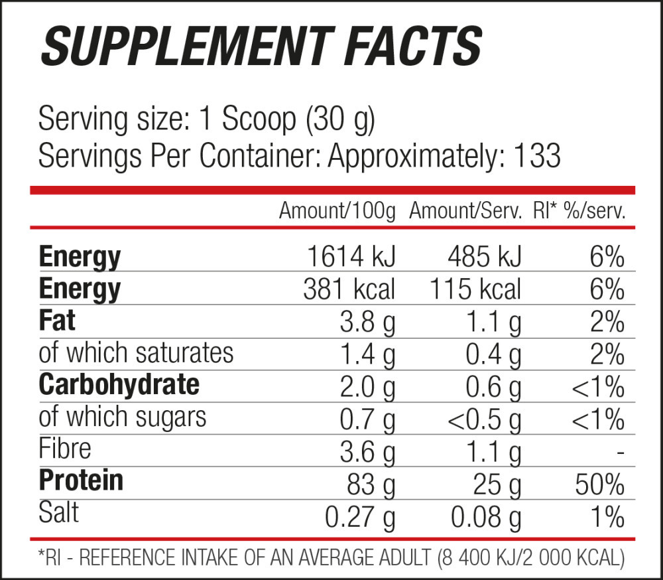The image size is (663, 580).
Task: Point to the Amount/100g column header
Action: (x=337, y=212)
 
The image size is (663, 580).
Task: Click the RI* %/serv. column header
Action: (x=579, y=212)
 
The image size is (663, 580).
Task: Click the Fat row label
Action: (x=57, y=321)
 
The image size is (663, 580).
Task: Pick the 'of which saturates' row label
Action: (x=136, y=352)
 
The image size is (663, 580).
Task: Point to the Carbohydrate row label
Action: (x=119, y=384)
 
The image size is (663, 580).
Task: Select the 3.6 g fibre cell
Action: (x=367, y=452)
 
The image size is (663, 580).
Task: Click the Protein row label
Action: (x=81, y=480)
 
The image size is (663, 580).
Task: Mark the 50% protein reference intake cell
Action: (x=599, y=484)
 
